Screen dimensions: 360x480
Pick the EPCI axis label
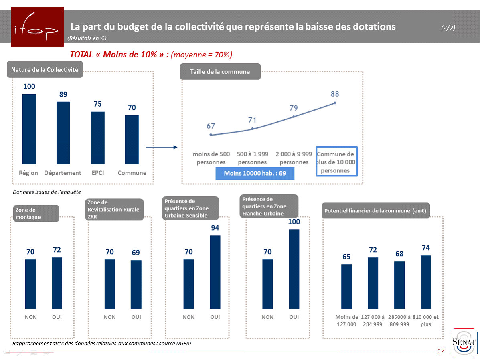97,173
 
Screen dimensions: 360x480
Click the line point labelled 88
335,103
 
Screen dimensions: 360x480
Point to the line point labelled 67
211,135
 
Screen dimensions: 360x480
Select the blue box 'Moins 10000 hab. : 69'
255,173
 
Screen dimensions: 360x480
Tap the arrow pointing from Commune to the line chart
161,147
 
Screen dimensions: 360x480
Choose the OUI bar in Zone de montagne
57,283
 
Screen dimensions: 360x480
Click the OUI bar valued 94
215,272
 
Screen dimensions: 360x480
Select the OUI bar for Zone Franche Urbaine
294,269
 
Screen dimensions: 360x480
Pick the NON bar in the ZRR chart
110,284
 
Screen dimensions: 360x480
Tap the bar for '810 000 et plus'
426,282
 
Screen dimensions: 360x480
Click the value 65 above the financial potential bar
346,257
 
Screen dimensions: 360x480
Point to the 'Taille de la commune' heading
220,72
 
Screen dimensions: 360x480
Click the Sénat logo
464,342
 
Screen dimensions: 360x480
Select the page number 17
441,352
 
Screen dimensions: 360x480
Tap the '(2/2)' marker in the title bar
448,28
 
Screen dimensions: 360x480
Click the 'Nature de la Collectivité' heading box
45,69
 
